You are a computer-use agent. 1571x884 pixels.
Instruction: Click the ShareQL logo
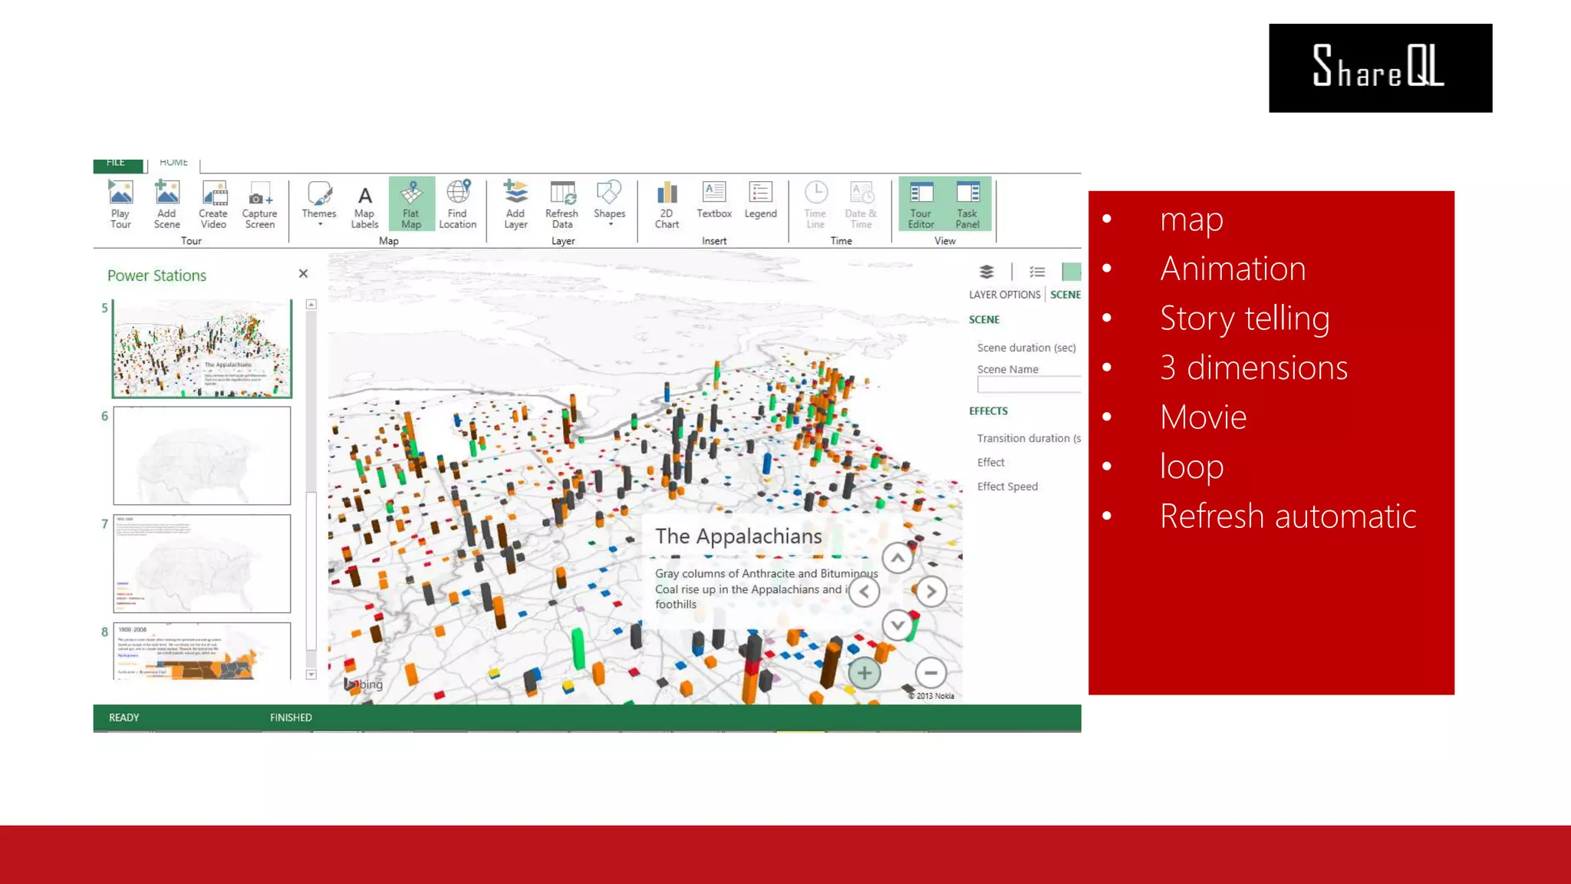point(1379,68)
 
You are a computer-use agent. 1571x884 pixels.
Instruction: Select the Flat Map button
point(411,203)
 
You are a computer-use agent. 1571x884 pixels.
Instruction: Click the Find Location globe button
point(458,203)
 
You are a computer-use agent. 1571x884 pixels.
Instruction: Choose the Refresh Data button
point(562,203)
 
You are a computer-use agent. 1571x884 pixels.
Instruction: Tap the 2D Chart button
point(667,203)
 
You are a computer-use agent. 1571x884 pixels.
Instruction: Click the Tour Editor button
point(921,203)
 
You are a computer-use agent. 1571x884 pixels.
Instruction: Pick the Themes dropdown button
point(319,203)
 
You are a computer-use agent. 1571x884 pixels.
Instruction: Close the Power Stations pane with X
point(303,274)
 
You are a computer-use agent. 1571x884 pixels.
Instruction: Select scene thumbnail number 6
point(202,455)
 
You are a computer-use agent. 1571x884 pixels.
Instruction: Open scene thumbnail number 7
point(202,563)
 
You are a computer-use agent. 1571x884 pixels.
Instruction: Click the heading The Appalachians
point(738,536)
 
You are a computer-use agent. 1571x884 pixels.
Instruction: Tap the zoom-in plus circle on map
point(864,673)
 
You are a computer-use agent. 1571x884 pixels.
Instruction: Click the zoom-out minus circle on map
point(930,673)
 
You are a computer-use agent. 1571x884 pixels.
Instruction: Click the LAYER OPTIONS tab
point(1004,295)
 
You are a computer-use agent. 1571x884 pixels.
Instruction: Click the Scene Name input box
point(1028,385)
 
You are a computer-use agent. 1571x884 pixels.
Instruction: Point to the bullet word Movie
point(1203,417)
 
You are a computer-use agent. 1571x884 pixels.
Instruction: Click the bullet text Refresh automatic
point(1287,516)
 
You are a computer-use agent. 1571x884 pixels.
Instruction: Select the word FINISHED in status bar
point(291,717)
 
